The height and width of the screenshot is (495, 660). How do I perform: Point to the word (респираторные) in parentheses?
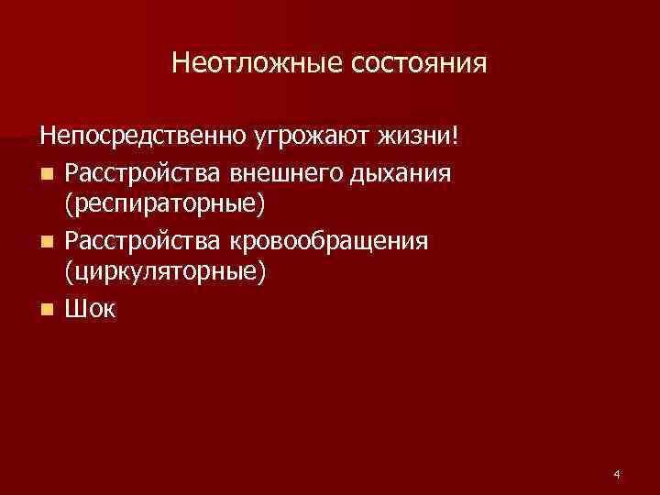pos(166,205)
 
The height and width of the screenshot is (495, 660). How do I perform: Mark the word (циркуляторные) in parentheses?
pos(166,273)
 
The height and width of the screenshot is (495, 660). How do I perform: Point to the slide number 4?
pos(617,474)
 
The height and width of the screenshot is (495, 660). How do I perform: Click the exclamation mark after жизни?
pos(452,137)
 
